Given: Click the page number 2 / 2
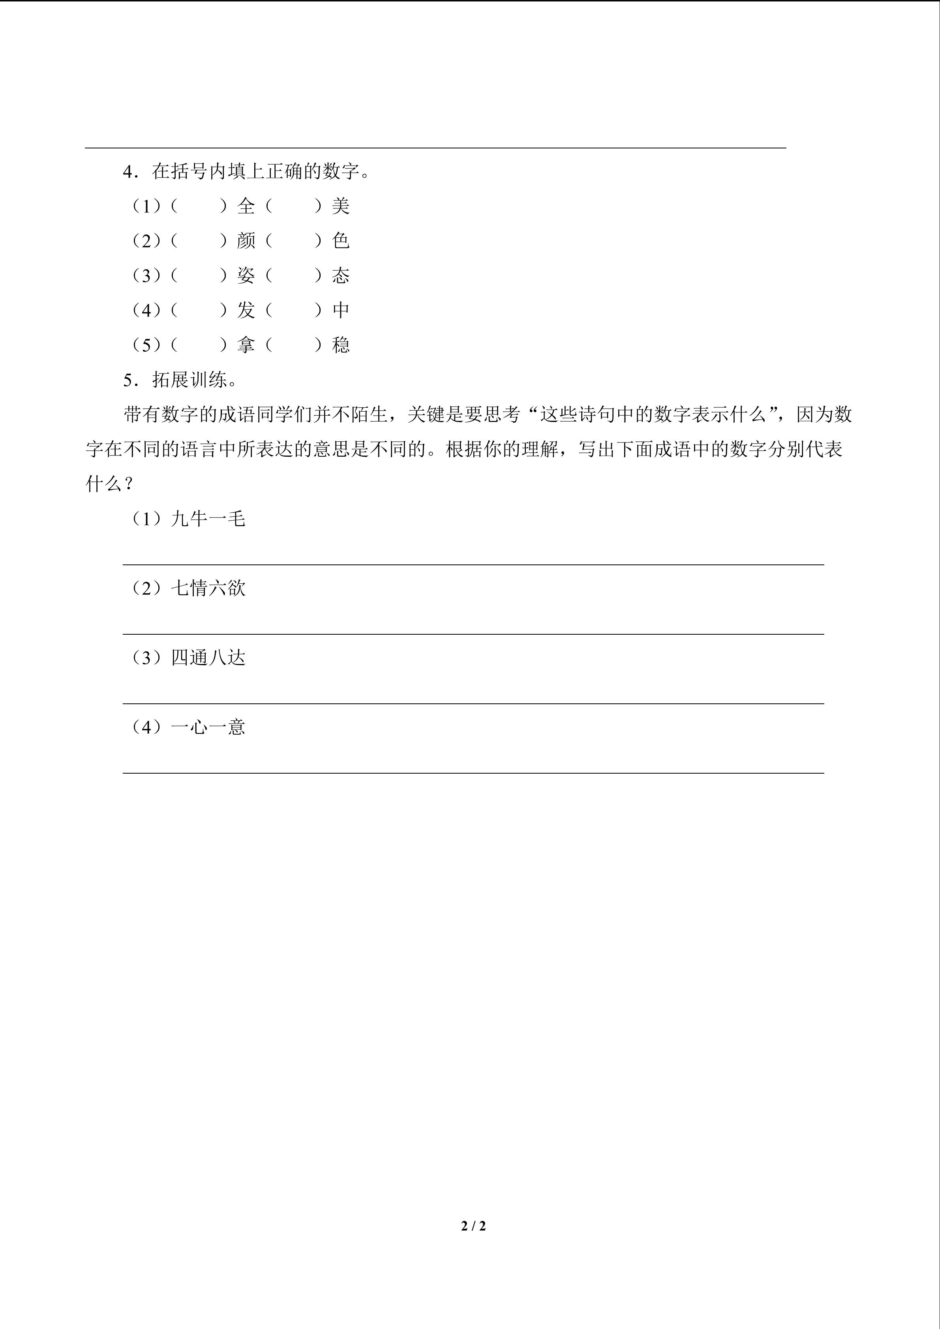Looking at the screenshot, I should [473, 1226].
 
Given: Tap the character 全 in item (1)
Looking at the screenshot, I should [246, 206].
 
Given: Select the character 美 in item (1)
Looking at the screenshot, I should [341, 206].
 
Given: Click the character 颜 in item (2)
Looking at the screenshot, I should [246, 241].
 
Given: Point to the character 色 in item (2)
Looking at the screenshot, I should [341, 241].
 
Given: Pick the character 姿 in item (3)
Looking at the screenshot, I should [246, 276].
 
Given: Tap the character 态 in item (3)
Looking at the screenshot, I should [341, 276].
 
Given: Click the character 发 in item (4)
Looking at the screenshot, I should [246, 310].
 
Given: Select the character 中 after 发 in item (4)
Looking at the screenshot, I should [341, 310].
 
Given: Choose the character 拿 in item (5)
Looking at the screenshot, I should [246, 345].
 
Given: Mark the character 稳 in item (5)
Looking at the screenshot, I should [341, 345].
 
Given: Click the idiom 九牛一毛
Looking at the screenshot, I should [208, 519].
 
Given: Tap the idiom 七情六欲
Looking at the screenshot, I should [208, 588].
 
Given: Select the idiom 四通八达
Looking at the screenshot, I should [208, 658].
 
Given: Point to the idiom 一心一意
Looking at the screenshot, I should [208, 727].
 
